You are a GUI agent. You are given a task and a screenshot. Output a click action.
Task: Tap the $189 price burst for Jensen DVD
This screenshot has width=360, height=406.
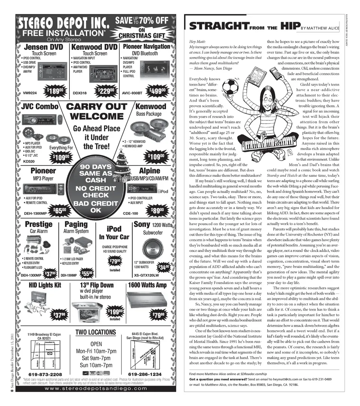click(x=54, y=92)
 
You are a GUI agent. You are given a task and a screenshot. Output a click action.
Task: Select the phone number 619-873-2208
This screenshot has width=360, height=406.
click(x=46, y=374)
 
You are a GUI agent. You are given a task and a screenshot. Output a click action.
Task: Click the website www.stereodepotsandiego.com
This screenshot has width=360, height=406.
click(x=96, y=388)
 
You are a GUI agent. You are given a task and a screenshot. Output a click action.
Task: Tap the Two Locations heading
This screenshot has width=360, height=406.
click(x=96, y=332)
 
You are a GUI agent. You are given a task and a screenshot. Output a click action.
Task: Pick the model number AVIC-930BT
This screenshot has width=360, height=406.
click(x=132, y=93)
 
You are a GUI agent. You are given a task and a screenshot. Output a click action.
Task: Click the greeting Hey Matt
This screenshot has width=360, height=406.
click(x=198, y=41)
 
